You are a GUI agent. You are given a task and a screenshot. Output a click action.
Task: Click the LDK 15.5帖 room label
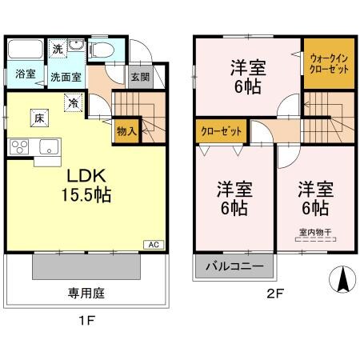(x=82, y=183)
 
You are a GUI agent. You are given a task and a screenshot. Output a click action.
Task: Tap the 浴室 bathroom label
(x=25, y=75)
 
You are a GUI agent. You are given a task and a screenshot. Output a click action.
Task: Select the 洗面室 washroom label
(x=66, y=78)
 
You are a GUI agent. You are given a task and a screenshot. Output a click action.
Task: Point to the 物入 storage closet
(x=126, y=130)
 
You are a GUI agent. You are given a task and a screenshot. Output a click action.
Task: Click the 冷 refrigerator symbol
(x=73, y=102)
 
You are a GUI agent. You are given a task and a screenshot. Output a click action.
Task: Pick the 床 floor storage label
(x=38, y=118)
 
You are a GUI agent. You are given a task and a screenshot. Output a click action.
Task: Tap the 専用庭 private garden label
(x=83, y=293)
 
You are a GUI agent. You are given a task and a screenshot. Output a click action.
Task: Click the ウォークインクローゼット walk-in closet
(x=328, y=63)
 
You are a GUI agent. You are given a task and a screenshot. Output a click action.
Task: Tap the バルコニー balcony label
(x=233, y=266)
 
